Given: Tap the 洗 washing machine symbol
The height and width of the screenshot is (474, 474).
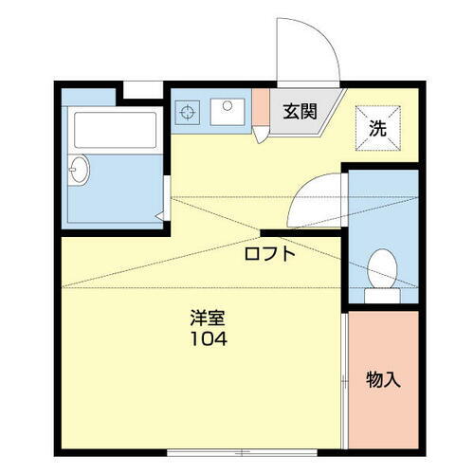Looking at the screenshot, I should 377,126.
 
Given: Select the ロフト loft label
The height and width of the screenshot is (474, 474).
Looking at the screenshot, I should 270,253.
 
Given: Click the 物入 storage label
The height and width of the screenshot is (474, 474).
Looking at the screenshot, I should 384,380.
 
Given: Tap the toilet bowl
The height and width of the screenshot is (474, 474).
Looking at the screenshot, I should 382,268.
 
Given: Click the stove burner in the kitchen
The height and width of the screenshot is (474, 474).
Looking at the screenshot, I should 188,111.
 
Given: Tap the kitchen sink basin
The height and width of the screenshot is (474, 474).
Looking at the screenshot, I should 227,110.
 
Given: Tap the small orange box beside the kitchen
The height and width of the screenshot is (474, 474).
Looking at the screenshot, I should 260,108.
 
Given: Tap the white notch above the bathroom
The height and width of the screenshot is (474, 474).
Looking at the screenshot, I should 143,89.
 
